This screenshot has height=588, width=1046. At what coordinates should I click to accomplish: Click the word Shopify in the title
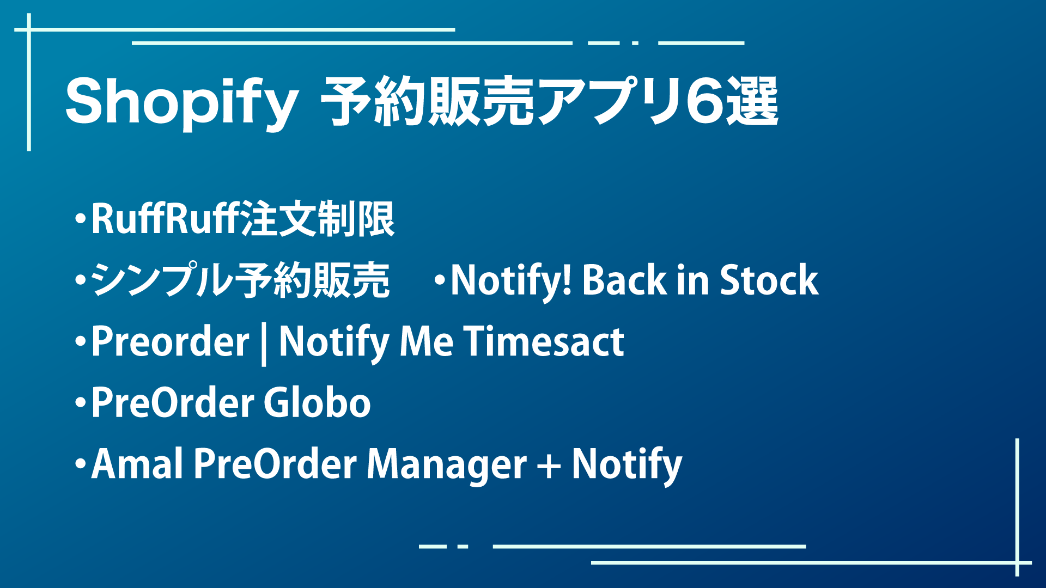click(x=181, y=102)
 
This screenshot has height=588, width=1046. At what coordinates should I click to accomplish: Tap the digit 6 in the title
click(x=703, y=101)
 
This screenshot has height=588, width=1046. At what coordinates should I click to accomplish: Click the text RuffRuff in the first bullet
click(x=165, y=219)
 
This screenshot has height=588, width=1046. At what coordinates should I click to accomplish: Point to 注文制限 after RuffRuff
click(x=317, y=219)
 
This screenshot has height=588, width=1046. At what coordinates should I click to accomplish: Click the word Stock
click(x=769, y=280)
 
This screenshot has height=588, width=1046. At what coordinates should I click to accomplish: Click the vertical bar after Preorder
click(x=264, y=344)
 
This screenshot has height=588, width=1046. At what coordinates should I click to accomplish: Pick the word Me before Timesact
click(x=427, y=341)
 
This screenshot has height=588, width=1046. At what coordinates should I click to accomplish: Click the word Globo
click(x=318, y=402)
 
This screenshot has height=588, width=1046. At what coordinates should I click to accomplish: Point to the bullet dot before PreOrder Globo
click(x=81, y=403)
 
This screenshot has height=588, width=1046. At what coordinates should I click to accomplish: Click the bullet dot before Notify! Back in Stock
click(x=440, y=281)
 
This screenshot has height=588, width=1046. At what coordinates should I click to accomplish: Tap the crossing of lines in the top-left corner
click(x=29, y=29)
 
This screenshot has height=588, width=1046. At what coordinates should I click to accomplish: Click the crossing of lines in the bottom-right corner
click(x=1017, y=562)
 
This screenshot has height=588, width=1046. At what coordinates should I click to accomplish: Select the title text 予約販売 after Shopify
click(x=427, y=101)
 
